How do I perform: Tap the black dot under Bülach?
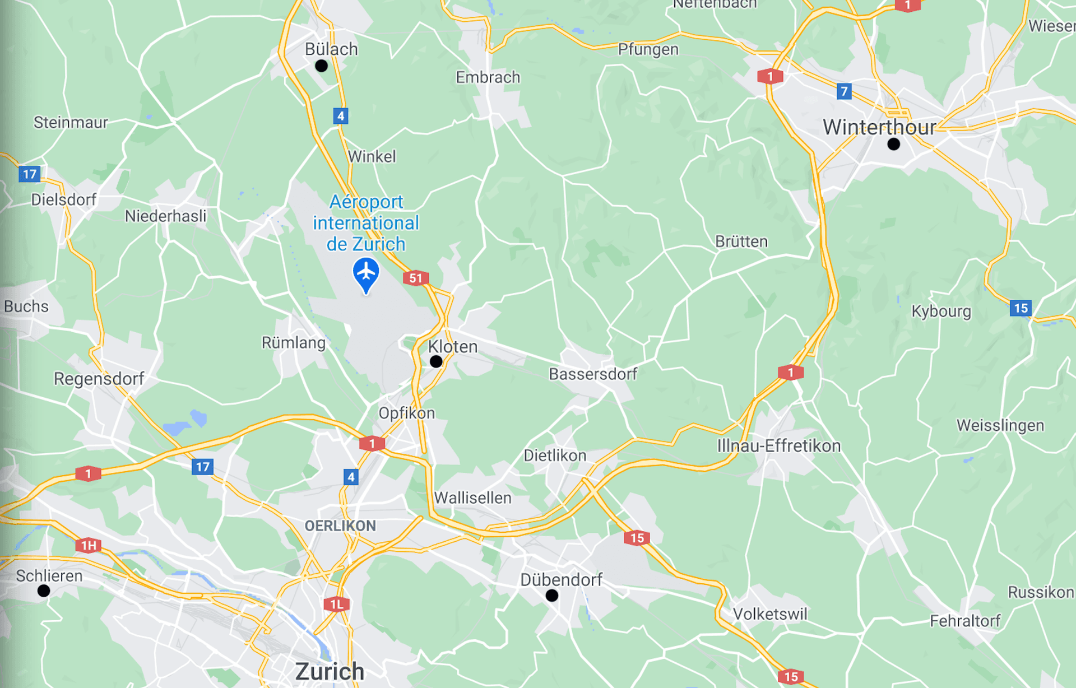(321, 66)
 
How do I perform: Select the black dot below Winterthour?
(894, 145)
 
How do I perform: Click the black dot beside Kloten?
(436, 362)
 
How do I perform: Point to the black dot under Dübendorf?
(552, 596)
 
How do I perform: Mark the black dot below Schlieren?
(44, 591)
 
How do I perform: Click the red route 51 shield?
(416, 278)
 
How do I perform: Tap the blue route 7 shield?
(844, 91)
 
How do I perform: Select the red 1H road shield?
(89, 545)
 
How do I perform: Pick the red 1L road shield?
(337, 605)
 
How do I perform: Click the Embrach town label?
(488, 77)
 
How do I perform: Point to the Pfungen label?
(648, 49)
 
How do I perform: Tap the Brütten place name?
(741, 241)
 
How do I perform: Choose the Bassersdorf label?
(593, 374)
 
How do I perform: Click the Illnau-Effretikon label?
(778, 446)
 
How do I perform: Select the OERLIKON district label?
(340, 526)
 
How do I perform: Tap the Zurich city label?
(330, 671)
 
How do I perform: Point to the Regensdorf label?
(99, 379)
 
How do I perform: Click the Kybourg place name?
(941, 312)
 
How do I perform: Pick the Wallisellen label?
(472, 498)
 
